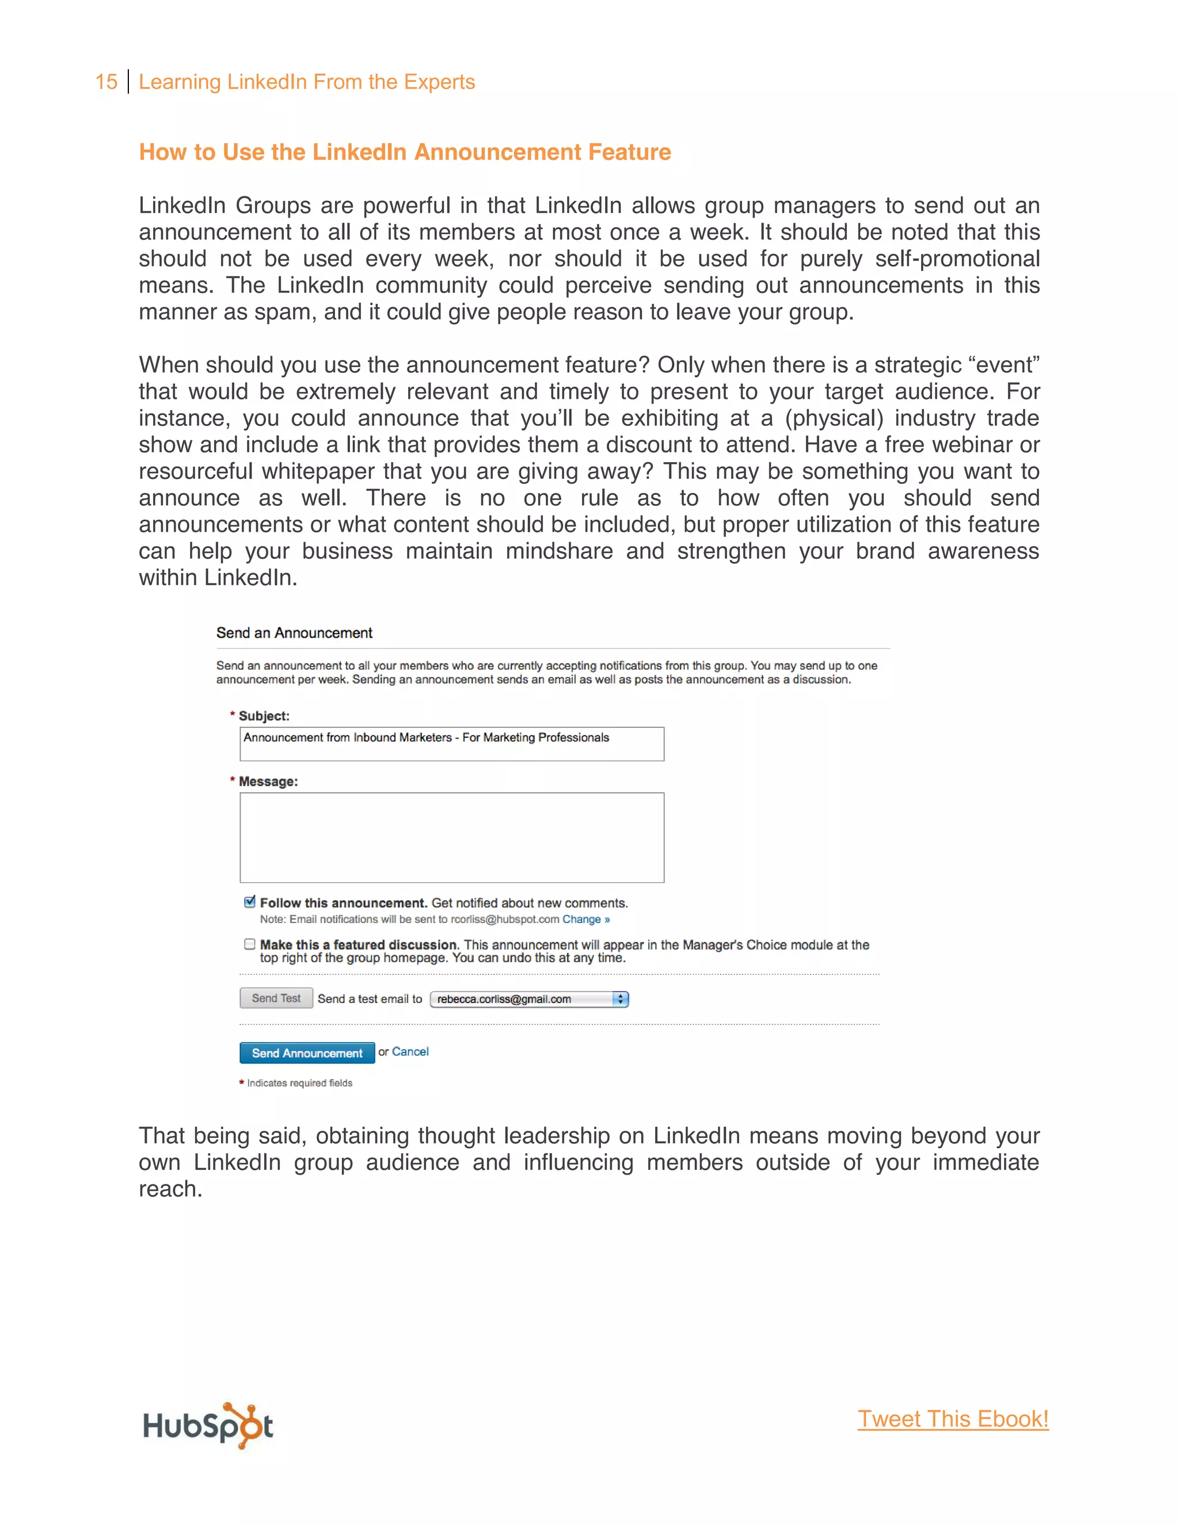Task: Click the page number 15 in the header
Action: [106, 82]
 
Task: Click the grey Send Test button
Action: [276, 998]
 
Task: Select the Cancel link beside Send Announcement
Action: [410, 1051]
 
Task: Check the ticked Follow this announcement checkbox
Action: [249, 902]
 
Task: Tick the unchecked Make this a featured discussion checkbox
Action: [249, 944]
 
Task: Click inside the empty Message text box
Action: [451, 837]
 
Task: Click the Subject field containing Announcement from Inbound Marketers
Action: [451, 744]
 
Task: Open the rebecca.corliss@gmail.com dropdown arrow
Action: [620, 999]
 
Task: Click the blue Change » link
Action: [586, 920]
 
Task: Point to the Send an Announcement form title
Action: [294, 632]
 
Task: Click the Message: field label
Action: [268, 781]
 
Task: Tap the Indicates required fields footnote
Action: [299, 1083]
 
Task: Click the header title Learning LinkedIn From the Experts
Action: [307, 82]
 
